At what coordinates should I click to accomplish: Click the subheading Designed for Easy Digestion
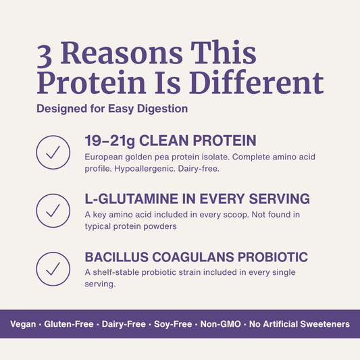point(111,108)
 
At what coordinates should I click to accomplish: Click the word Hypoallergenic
point(145,168)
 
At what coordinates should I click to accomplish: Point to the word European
point(106,157)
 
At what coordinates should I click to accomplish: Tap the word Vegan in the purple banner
point(24,324)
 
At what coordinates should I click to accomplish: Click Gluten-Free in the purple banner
point(70,324)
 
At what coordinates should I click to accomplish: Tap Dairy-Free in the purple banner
point(124,324)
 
